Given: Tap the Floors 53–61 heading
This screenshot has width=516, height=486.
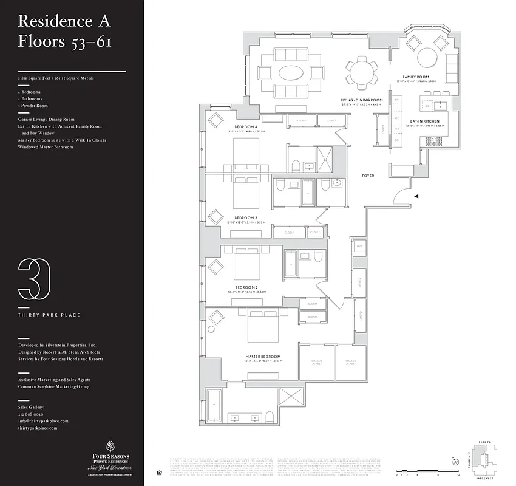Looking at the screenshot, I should [64, 43].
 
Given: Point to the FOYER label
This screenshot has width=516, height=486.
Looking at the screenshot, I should [367, 176].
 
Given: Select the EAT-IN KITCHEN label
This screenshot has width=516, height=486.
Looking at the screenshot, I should [425, 121].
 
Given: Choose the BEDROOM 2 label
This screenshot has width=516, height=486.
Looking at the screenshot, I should [246, 287].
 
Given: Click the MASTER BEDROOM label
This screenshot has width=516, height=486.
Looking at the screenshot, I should [263, 357].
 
